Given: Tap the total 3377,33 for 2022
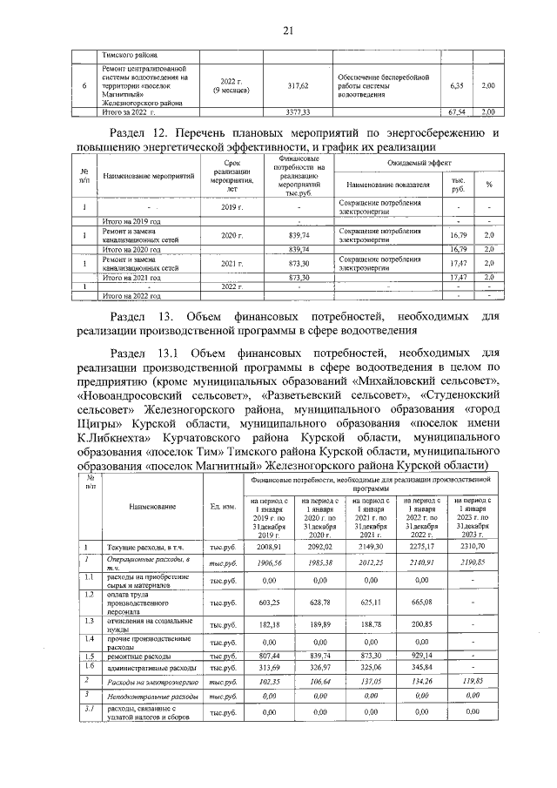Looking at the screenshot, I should point(299,112).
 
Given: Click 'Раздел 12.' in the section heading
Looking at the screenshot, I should point(142,133).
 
